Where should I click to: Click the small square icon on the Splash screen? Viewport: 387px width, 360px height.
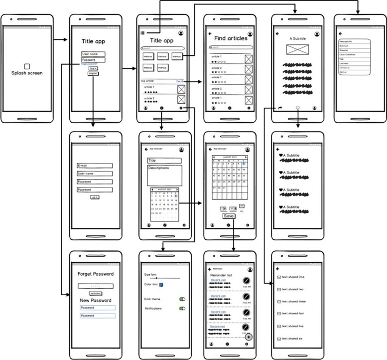tap(27, 66)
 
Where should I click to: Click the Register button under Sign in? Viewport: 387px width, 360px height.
tap(93, 73)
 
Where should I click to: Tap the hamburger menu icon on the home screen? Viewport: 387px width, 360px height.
tap(143, 33)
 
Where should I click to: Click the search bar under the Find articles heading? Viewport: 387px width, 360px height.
tap(230, 47)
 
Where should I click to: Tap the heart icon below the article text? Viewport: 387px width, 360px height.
tap(298, 107)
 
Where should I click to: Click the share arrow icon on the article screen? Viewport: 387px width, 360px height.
tap(280, 107)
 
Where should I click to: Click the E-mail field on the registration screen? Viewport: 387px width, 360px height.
tap(95, 166)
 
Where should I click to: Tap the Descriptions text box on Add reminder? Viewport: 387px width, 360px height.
tap(164, 175)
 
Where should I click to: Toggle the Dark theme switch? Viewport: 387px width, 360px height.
tap(182, 299)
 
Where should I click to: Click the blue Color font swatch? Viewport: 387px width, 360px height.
tap(162, 285)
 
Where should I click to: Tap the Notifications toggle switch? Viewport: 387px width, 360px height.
tap(182, 309)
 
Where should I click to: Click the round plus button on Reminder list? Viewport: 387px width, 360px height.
tap(248, 337)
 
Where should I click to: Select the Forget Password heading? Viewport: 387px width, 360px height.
tap(96, 274)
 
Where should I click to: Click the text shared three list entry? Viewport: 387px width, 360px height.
tap(294, 302)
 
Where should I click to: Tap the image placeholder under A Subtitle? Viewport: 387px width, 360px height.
tap(297, 50)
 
